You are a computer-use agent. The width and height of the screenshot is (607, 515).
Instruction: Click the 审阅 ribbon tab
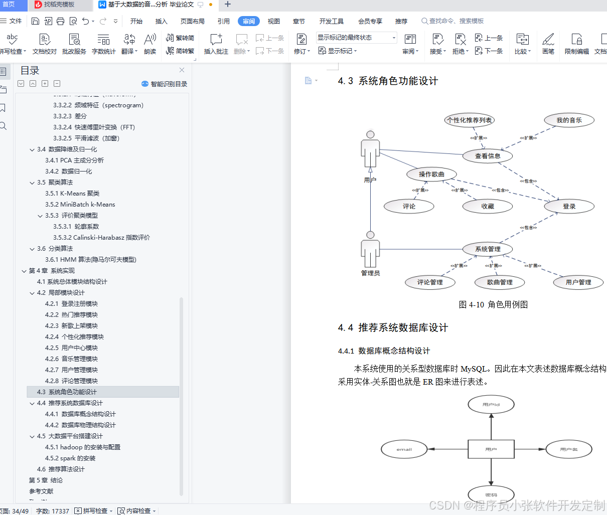249,21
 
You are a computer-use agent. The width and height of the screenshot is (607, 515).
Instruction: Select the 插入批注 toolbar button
216,44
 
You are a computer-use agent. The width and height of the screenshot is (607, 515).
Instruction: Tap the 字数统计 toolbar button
104,44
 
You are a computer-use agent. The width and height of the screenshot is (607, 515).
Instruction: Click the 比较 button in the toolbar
522,44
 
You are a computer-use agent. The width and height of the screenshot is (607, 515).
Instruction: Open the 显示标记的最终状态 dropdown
357,38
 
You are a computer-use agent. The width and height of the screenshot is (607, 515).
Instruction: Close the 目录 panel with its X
182,70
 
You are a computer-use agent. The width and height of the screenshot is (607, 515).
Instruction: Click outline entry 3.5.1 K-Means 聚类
72,194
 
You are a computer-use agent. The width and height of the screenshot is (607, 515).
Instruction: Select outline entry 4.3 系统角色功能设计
67,392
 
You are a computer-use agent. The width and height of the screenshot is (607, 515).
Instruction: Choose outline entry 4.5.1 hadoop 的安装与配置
83,447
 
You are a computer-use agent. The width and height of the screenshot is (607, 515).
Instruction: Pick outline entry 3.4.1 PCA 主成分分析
74,160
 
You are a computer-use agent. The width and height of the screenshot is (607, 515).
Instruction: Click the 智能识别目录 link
165,84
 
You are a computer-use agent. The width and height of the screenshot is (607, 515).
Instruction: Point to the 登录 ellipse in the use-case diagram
569,206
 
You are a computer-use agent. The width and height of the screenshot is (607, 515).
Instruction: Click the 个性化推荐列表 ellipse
470,120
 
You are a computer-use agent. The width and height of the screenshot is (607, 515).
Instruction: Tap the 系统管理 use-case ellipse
488,249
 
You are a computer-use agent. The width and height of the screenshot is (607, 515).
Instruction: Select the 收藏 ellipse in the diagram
488,206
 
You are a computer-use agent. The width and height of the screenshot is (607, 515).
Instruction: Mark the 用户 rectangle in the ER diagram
491,449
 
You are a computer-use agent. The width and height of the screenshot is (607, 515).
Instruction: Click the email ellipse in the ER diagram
404,449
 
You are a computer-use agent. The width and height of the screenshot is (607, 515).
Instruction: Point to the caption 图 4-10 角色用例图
493,304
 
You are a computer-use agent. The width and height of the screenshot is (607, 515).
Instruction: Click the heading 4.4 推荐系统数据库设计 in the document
393,327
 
